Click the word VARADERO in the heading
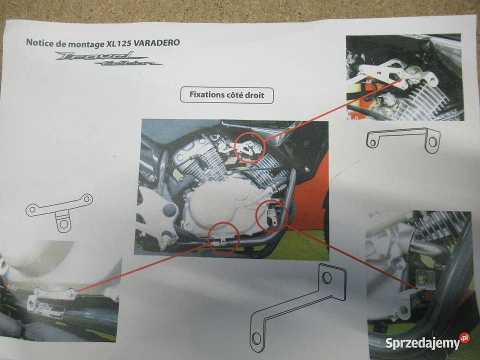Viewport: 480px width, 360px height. (x=156, y=42)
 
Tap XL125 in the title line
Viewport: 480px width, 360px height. (x=119, y=43)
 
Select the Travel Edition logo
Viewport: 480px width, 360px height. (x=108, y=58)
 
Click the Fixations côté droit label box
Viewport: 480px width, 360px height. (x=227, y=95)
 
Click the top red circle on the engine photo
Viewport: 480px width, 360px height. (x=249, y=147)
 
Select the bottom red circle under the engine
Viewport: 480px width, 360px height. (x=223, y=238)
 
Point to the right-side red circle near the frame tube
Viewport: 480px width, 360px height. (x=271, y=216)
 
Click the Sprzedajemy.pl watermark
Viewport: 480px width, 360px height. (x=427, y=342)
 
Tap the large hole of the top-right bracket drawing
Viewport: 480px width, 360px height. (x=432, y=141)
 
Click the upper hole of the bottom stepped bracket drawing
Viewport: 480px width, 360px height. (x=326, y=277)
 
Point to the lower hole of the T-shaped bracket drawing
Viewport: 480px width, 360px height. (x=64, y=224)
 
